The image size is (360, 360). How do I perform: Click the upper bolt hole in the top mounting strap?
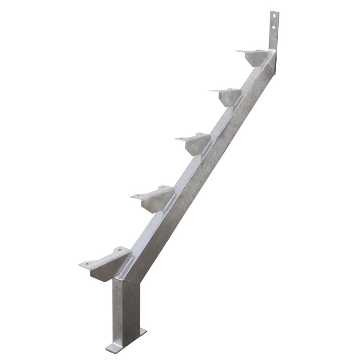coord(272,18)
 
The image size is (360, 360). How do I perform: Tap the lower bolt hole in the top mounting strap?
coord(272,29)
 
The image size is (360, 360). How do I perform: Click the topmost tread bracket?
coord(254,56)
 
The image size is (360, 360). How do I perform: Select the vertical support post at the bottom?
coord(123,306)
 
